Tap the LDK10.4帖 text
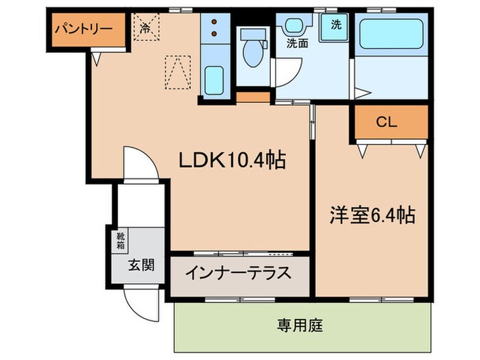tap(231, 160)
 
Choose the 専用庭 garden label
tap(300, 323)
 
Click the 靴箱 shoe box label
tap(121, 241)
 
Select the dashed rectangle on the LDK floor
tap(177, 70)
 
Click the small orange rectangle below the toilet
tap(252, 97)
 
